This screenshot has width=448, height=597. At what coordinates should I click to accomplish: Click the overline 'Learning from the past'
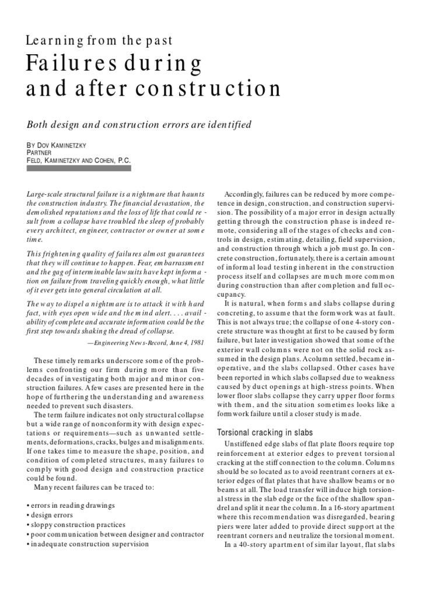pyautogui.click(x=99, y=41)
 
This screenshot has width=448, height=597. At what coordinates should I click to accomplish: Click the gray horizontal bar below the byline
pyautogui.click(x=79, y=168)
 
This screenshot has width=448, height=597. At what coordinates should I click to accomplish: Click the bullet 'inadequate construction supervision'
pyautogui.click(x=88, y=543)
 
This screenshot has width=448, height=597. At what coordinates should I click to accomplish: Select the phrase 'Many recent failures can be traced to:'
pyautogui.click(x=94, y=487)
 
